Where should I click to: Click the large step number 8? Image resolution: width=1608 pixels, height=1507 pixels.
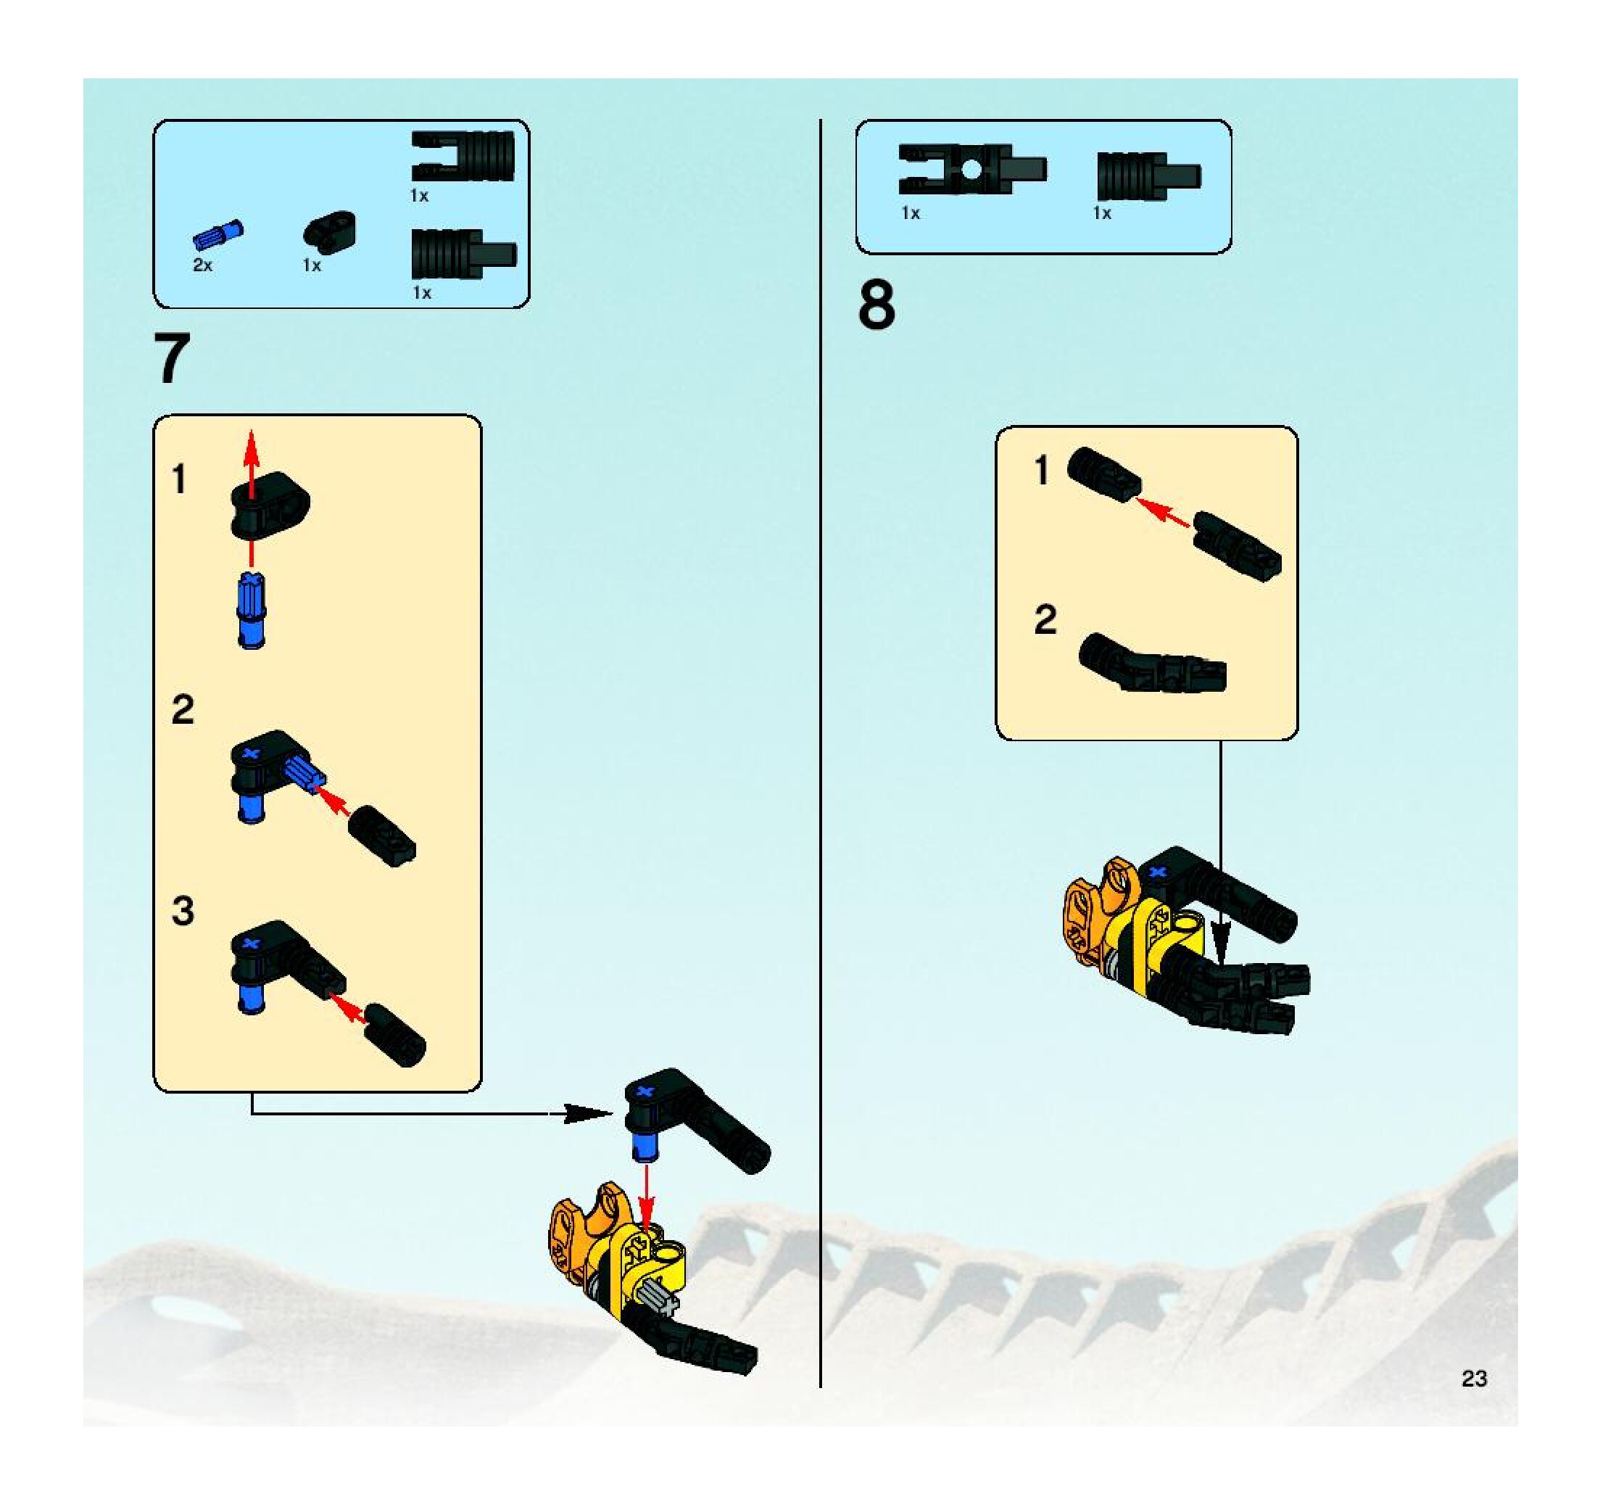tap(876, 305)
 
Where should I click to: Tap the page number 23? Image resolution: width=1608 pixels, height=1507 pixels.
tap(1474, 1379)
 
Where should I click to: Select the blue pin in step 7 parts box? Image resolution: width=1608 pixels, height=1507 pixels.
tap(217, 234)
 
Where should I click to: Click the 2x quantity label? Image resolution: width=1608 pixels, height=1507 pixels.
tap(202, 265)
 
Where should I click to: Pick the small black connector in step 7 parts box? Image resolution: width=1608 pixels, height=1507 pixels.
tap(329, 231)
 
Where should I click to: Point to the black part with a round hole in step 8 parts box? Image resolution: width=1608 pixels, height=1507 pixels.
tap(971, 170)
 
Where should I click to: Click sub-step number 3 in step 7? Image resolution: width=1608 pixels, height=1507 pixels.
tap(183, 911)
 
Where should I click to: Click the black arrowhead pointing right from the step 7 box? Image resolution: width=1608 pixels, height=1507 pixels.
tap(587, 1114)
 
